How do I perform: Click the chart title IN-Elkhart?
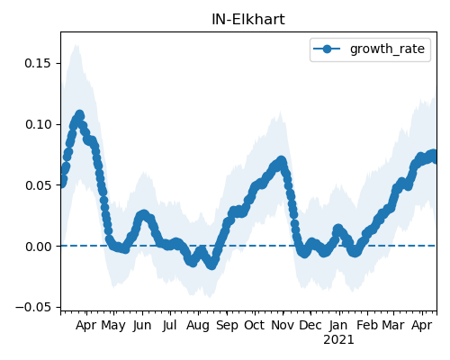tap(248, 20)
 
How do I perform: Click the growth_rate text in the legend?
tap(387, 49)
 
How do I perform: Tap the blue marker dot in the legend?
tap(327, 49)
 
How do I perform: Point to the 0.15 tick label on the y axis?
tap(38, 63)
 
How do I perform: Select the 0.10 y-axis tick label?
tap(38, 124)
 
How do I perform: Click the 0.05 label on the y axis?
tap(38, 185)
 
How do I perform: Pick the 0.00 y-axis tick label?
tap(38, 247)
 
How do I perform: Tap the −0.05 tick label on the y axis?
tap(33, 307)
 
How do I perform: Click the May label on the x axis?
tap(113, 326)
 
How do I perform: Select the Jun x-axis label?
tap(142, 325)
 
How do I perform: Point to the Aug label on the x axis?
tap(198, 326)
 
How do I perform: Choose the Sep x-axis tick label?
tap(227, 326)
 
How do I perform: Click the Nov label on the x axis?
tap(283, 325)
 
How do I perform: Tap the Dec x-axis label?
tap(310, 325)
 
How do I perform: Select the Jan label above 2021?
tap(338, 325)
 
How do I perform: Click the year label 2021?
tap(338, 340)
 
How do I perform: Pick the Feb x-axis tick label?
tap(367, 325)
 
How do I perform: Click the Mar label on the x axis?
tap(393, 325)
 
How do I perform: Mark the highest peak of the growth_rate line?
tap(80, 114)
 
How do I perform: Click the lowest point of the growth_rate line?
tap(211, 265)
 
